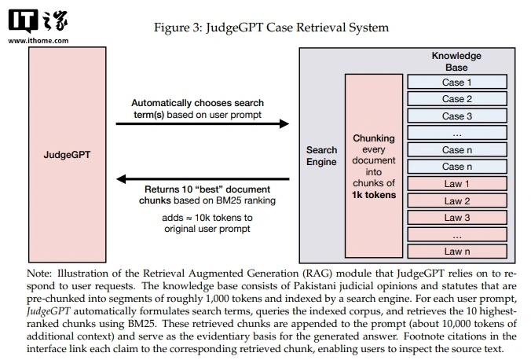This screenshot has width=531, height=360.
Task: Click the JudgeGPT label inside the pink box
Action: (67, 155)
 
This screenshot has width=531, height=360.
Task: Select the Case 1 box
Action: (457, 82)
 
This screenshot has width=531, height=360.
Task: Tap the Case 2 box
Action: (457, 99)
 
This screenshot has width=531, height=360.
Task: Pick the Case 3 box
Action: (457, 116)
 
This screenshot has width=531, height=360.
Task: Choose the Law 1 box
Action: (457, 184)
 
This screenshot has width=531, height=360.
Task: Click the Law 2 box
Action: (457, 200)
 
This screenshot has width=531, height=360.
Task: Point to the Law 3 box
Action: (457, 218)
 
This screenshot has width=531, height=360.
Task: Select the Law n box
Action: (457, 252)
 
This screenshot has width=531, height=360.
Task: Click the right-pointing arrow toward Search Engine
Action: (202, 123)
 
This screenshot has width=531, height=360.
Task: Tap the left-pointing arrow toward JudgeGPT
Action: (203, 178)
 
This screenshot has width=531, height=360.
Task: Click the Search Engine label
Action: (321, 156)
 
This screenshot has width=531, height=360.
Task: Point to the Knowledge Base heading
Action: (456, 61)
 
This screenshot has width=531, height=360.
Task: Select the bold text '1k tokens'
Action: (374, 195)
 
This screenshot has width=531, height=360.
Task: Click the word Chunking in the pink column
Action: (374, 138)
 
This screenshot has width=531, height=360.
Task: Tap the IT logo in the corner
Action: (23, 20)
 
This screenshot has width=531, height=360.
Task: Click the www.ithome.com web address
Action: (38, 41)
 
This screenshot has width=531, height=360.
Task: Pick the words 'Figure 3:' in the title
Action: (178, 28)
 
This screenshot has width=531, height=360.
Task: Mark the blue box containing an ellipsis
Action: (457, 133)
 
